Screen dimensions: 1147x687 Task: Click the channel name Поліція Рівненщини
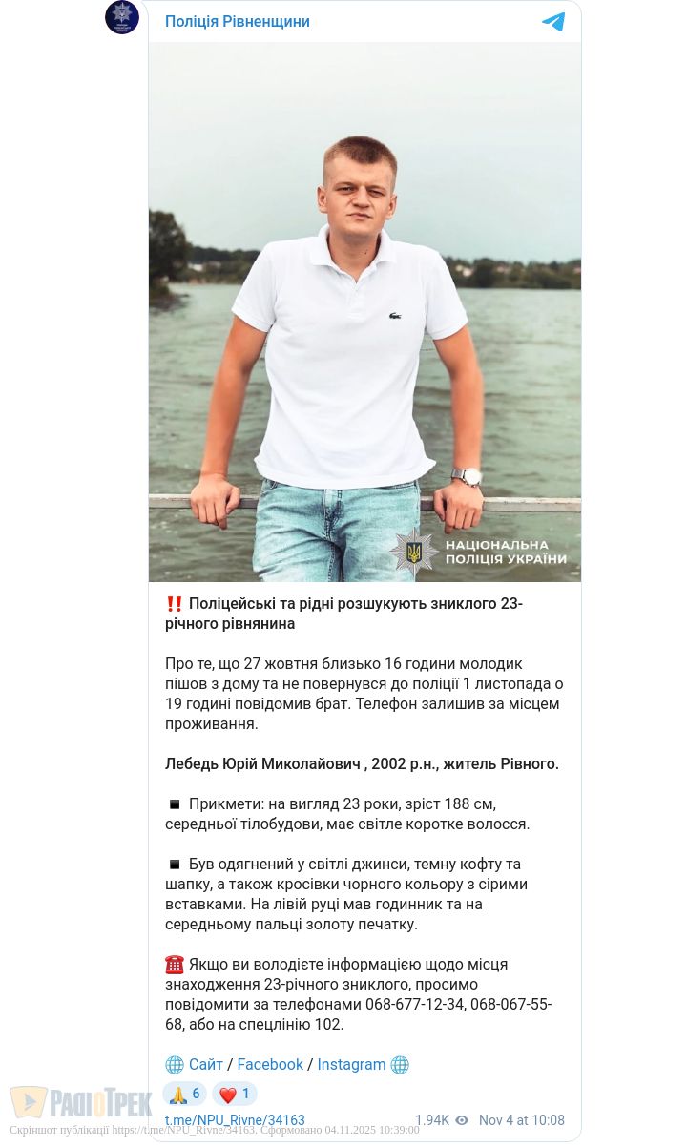237,22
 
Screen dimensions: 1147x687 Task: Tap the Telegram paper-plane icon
553,22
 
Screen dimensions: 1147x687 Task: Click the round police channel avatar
122,17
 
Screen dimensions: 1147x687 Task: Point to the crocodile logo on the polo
395,316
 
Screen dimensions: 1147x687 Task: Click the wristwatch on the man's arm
467,476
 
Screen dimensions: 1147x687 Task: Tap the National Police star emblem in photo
414,553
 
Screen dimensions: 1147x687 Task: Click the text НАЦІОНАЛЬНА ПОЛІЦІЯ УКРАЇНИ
506,553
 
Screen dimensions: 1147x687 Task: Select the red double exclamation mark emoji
175,604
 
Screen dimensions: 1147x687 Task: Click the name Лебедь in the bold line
193,764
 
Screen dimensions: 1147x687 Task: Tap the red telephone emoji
175,965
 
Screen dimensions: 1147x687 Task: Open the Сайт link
206,1065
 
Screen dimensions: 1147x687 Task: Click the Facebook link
270,1065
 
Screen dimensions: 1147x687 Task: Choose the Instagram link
351,1065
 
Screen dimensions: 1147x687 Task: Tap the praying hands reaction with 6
184,1095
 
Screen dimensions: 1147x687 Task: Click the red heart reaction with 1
235,1095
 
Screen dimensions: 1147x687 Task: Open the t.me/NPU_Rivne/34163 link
235,1121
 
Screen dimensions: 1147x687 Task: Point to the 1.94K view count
431,1121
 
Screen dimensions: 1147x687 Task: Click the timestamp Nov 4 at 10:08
521,1121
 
